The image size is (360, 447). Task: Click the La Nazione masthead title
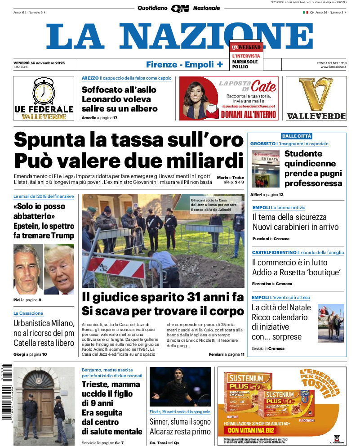(x=180, y=36)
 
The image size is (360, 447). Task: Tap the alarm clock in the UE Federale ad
(x=44, y=92)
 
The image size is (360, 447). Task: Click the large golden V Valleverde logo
(x=316, y=95)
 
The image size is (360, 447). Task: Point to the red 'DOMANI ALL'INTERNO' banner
(x=248, y=114)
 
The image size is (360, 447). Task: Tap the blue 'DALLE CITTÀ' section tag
(x=297, y=136)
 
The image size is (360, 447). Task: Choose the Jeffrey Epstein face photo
(x=28, y=268)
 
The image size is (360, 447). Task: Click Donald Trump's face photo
(x=59, y=268)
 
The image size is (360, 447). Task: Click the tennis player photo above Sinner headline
(x=180, y=387)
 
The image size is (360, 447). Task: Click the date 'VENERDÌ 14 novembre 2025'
(x=39, y=63)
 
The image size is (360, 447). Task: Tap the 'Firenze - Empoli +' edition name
(x=184, y=64)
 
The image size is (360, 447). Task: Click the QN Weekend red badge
(x=246, y=47)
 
